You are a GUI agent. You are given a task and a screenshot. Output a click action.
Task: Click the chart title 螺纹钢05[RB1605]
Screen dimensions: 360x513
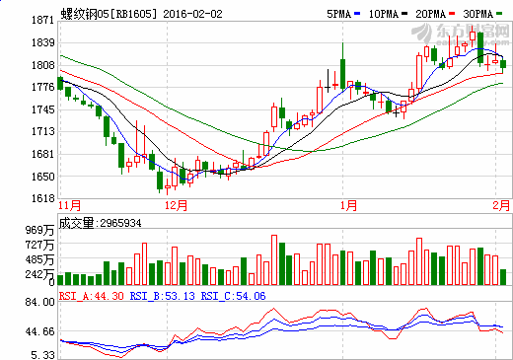click(x=106, y=15)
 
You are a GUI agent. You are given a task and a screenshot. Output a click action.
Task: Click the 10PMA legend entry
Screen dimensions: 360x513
click(x=363, y=15)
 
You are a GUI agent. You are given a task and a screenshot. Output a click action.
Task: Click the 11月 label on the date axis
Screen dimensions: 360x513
click(x=70, y=205)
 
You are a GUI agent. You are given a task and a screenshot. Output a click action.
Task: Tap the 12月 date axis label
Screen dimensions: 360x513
click(x=177, y=205)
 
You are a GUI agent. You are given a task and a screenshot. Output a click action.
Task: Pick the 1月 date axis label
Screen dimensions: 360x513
click(x=347, y=205)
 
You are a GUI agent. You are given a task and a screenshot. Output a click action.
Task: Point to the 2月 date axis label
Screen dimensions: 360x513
click(x=501, y=205)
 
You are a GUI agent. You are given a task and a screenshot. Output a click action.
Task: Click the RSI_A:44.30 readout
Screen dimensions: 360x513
click(x=93, y=295)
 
